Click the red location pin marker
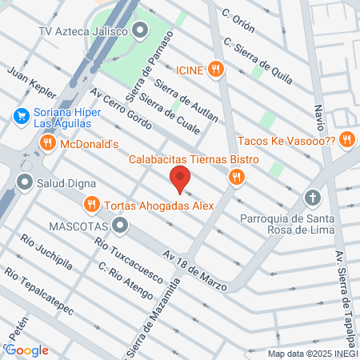click(x=180, y=180)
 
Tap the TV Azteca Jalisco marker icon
click(x=141, y=32)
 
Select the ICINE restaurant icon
click(x=214, y=70)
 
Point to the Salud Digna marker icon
click(x=26, y=182)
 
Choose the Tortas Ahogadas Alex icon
click(x=93, y=205)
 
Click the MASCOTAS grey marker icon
click(x=120, y=226)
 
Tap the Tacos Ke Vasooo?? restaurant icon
click(x=346, y=139)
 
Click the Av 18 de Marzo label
click(x=195, y=270)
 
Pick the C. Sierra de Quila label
click(x=258, y=60)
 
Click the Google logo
click(x=26, y=350)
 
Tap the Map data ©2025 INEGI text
click(x=312, y=353)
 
